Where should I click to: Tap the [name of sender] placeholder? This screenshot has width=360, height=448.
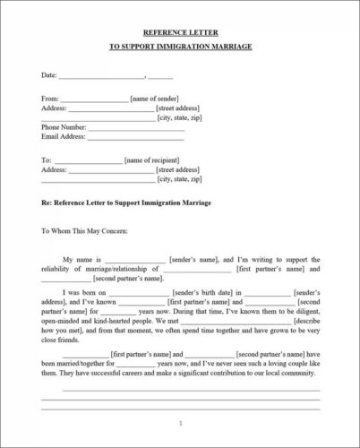tap(154, 98)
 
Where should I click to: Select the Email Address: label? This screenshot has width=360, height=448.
tap(63, 137)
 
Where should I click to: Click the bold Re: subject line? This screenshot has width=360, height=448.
tap(126, 203)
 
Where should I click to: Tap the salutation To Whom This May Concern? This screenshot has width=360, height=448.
tap(84, 231)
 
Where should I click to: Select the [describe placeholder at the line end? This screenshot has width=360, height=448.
tap(304, 320)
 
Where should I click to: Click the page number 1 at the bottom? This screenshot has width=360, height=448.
tap(180, 422)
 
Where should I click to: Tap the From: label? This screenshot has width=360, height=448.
tap(50, 98)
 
